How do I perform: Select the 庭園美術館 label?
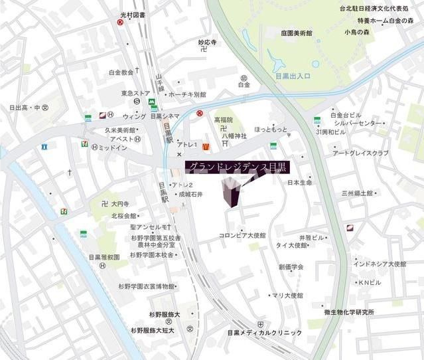pos(296,33)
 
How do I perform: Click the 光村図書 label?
pos(132,15)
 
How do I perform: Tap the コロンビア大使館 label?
pos(242,235)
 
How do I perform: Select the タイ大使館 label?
pos(291,245)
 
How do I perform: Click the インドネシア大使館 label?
pos(380,264)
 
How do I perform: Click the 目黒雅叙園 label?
pos(104,256)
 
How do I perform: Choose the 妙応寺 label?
pos(208,43)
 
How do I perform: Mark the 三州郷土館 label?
pos(358,193)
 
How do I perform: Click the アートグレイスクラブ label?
pos(360,153)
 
